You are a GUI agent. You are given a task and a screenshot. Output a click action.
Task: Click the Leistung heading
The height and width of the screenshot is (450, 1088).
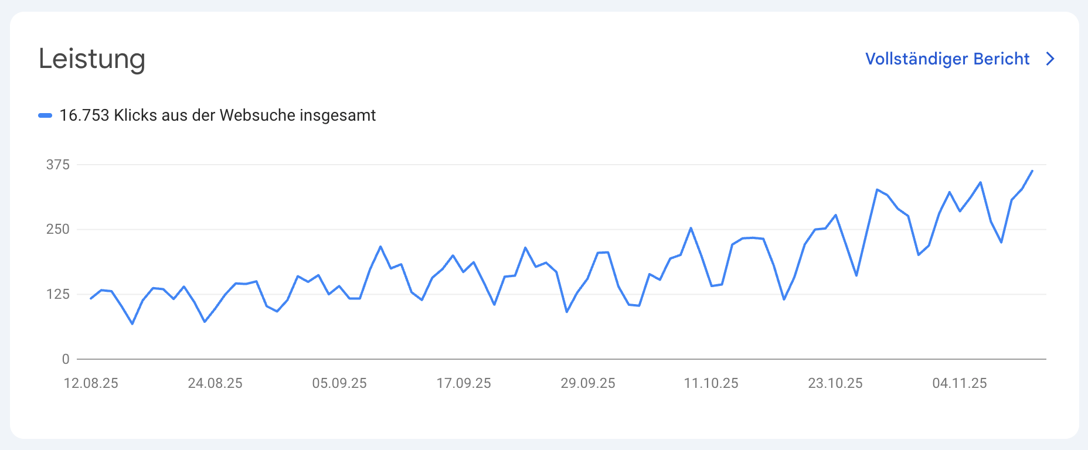(91, 59)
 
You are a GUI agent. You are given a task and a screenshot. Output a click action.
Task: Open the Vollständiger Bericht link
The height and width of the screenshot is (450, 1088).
(947, 59)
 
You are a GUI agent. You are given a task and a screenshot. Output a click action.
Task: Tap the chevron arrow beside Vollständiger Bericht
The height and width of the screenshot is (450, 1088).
(1050, 59)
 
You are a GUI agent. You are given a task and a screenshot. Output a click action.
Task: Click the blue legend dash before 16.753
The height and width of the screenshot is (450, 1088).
(45, 115)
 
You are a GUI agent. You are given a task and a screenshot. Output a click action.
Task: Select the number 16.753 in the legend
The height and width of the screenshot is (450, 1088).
(84, 115)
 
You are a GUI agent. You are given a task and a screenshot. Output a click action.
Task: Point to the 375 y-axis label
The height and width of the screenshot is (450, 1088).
(58, 165)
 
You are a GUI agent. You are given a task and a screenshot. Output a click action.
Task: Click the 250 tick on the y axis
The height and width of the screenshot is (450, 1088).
(58, 229)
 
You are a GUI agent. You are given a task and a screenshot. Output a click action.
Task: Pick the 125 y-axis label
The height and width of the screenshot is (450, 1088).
(58, 294)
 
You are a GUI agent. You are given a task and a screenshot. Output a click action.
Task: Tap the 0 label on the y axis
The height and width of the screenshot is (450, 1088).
(66, 359)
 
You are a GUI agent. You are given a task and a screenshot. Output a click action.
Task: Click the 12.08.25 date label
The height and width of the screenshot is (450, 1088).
(91, 383)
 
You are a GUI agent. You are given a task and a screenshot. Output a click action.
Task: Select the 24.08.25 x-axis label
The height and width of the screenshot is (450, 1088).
(215, 383)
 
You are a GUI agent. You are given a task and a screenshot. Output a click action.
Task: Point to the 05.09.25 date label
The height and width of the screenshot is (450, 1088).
(339, 383)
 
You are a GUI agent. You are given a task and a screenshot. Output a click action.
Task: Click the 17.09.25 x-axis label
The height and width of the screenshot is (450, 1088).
(464, 383)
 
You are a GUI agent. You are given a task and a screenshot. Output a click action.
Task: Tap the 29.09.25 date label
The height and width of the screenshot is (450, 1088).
(588, 383)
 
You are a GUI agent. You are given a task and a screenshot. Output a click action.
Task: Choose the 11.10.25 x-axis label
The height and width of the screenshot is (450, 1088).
(711, 383)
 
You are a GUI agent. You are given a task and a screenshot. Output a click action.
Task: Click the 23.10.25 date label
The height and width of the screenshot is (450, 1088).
(835, 383)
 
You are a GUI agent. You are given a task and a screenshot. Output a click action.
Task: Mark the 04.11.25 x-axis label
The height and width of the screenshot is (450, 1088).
(960, 383)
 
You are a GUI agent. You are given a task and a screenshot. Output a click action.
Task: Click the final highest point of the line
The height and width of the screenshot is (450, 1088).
(1032, 171)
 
